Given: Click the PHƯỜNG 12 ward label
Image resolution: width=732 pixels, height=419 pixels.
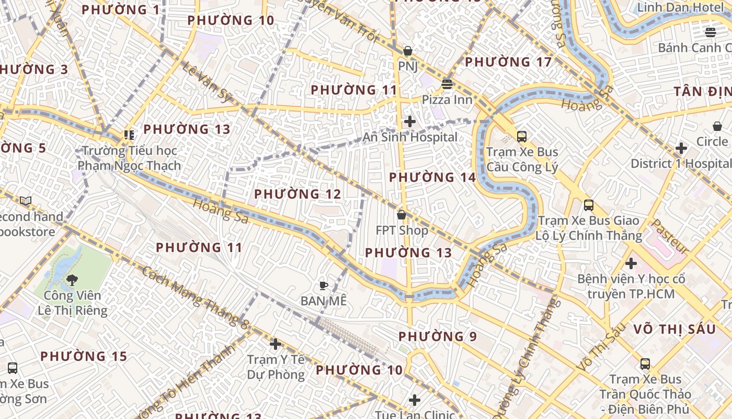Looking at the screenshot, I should click(x=298, y=194).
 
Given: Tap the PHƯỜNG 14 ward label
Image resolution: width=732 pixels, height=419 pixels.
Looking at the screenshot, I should click(x=432, y=178).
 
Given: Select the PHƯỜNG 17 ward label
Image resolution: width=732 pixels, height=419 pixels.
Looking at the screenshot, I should click(x=508, y=62).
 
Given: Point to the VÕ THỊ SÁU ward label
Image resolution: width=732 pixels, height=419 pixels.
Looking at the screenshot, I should click(x=674, y=329).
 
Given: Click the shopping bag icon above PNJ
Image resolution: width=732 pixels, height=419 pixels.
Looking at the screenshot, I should click(x=407, y=51).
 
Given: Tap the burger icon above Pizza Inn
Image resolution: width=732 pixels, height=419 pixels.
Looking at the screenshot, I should click(x=447, y=84).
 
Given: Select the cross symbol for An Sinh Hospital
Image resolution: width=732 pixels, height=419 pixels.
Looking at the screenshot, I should click(x=410, y=122).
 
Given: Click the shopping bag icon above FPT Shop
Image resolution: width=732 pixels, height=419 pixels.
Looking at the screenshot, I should click(x=402, y=215).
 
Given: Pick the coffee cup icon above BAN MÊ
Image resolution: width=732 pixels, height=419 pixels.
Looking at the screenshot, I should click(x=324, y=285).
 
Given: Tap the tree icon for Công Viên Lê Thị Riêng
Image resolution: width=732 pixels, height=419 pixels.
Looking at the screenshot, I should click(x=72, y=280).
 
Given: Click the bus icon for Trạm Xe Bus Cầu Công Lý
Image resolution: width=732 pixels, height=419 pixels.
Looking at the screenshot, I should click(x=521, y=137).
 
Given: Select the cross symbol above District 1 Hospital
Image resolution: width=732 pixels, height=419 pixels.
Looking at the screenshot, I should click(x=681, y=148).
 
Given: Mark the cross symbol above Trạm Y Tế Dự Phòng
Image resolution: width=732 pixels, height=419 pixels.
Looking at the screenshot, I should click(x=276, y=344).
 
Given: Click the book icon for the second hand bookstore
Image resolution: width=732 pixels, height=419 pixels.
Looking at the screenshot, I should click(x=26, y=201).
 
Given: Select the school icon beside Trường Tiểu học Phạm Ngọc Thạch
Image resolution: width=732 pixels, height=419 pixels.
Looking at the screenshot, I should click(x=129, y=135).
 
